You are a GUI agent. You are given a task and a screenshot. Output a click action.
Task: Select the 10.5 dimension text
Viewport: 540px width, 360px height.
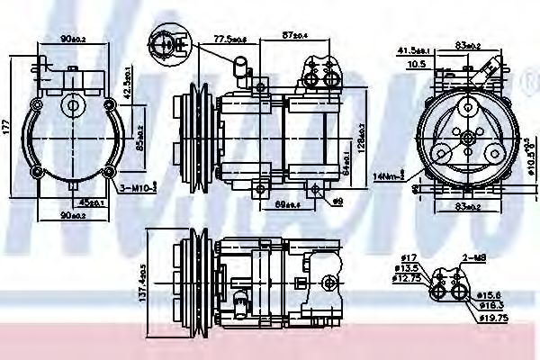click(415, 65)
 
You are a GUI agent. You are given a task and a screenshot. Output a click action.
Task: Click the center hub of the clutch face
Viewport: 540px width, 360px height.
click(466, 135)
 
